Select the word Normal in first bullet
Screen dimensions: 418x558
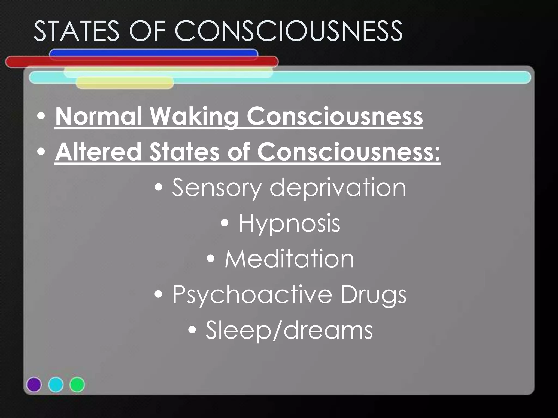(x=98, y=116)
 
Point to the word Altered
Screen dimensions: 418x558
(x=98, y=152)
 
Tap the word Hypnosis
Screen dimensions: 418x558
(x=289, y=223)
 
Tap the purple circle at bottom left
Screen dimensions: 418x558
(x=34, y=385)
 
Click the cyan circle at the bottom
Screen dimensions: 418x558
(x=56, y=385)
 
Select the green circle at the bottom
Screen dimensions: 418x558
(x=77, y=385)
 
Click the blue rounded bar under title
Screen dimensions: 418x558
(x=153, y=52)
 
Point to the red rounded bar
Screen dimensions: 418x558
(x=142, y=62)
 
